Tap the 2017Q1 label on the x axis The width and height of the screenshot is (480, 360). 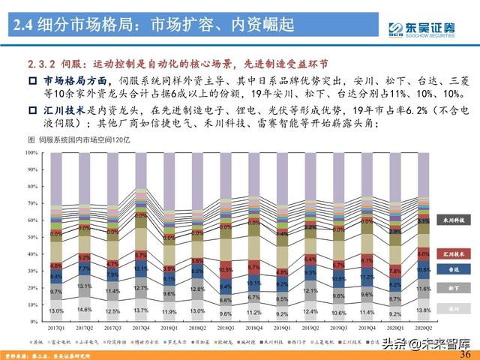(x=56, y=327)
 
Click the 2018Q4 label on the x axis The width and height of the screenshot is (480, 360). (x=253, y=327)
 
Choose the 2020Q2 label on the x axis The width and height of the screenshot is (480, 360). (x=422, y=327)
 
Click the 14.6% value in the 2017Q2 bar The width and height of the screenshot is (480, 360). (x=84, y=309)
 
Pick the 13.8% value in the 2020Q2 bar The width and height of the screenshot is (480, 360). (x=422, y=310)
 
